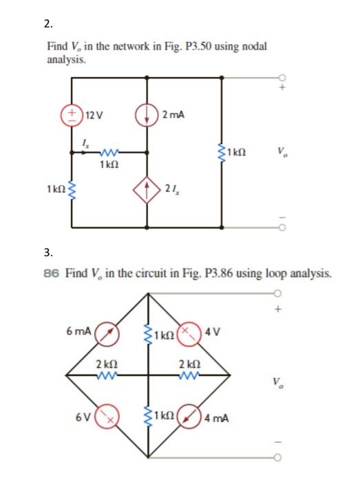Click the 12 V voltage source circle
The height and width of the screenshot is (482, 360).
(x=72, y=114)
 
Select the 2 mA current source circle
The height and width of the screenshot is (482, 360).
(x=148, y=114)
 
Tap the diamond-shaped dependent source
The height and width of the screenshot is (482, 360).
(x=149, y=189)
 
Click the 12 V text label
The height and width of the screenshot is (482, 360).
(x=93, y=114)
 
